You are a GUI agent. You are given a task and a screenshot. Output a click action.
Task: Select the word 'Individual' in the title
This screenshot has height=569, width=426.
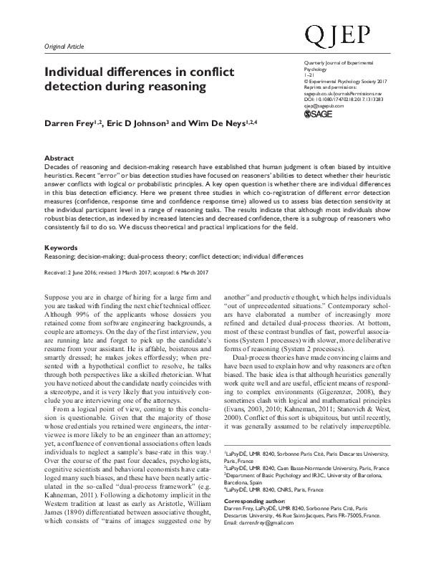74,72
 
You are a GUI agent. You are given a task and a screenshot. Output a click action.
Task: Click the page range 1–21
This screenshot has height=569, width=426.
309,75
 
